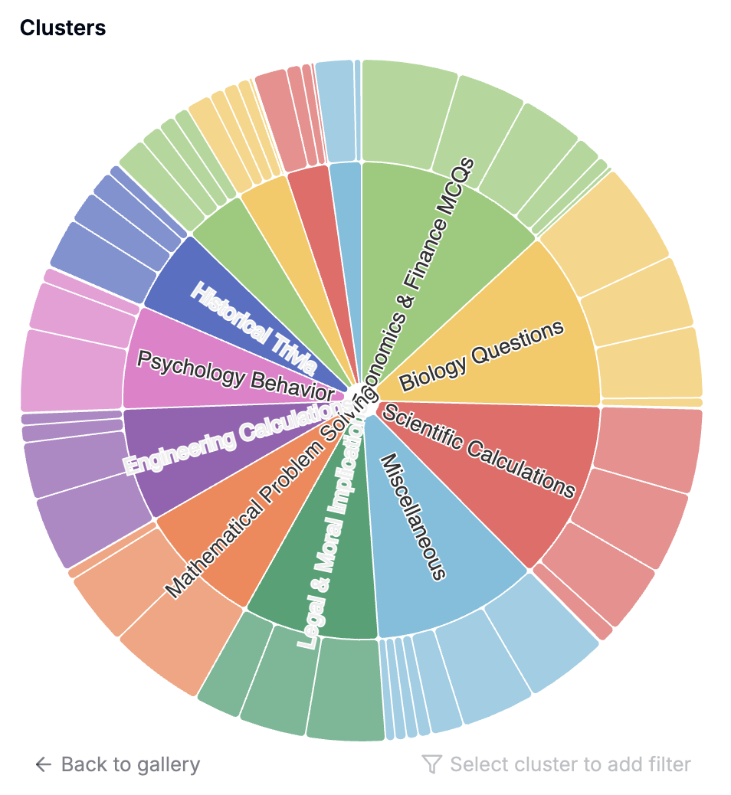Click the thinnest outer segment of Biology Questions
tap(651, 403)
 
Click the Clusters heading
tap(63, 28)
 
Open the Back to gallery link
tap(130, 764)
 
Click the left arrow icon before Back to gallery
tap(44, 764)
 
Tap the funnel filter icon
tap(432, 764)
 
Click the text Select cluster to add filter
tap(570, 764)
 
